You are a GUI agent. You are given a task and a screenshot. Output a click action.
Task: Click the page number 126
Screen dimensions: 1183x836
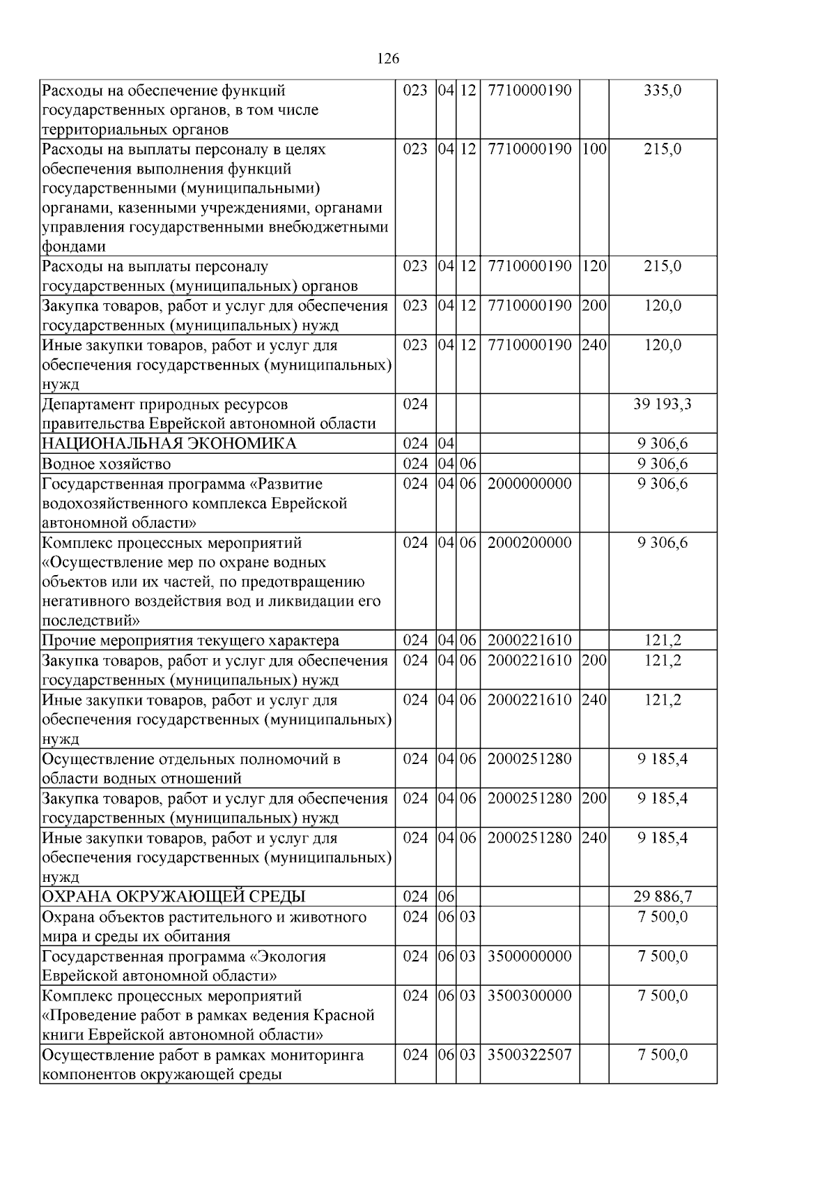coord(388,59)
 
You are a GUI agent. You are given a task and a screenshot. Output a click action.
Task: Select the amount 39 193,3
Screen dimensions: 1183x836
coord(663,404)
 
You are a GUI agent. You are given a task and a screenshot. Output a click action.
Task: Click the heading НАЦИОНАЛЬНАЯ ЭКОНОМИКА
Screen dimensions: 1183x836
coord(169,444)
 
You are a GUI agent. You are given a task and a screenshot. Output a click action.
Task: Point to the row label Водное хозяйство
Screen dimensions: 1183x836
coord(107,464)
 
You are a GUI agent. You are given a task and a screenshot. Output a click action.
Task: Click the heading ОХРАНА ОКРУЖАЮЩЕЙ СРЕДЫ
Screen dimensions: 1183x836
coord(174,896)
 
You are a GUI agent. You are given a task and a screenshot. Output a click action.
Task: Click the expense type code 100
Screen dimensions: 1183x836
coord(594,149)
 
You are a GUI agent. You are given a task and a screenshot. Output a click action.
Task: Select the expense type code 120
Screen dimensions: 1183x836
coord(594,266)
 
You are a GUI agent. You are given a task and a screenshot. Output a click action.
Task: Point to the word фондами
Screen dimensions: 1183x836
coord(74,247)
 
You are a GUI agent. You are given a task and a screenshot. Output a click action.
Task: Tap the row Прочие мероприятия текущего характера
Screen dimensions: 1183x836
coord(191,641)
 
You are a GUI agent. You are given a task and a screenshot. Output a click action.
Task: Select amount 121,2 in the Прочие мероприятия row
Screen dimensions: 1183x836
coord(663,641)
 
